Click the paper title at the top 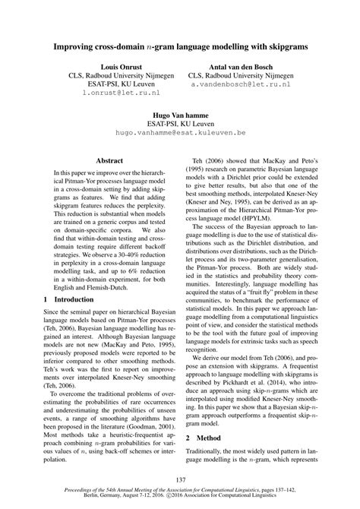click(180, 46)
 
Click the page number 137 click(180, 479)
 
